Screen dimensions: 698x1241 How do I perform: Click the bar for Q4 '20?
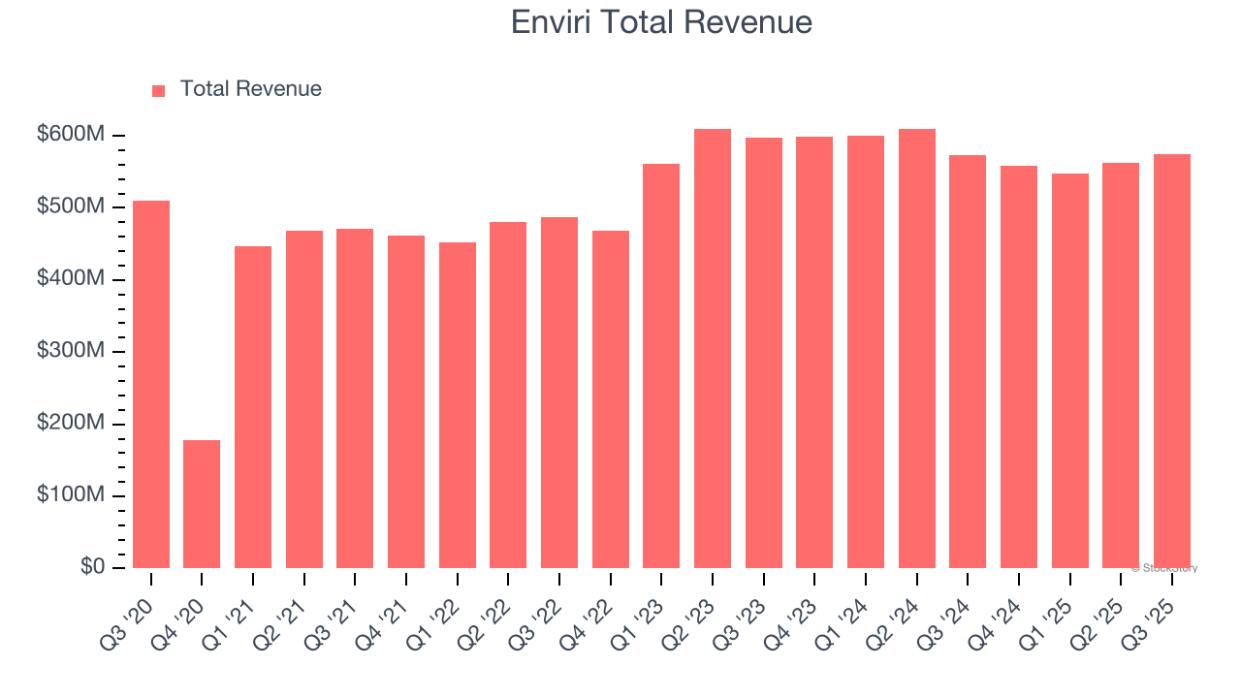[x=202, y=504]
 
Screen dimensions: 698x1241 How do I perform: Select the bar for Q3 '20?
[x=151, y=384]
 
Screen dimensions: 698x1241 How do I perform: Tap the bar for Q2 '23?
[x=713, y=349]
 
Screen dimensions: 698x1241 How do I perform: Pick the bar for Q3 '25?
[x=1172, y=361]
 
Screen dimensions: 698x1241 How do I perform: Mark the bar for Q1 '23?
[x=661, y=366]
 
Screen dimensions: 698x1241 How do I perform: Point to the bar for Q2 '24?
[x=917, y=349]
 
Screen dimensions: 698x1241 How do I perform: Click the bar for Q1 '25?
[x=1070, y=370]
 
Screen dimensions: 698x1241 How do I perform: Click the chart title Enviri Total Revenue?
[x=661, y=21]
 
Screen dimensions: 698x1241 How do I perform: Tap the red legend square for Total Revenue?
[x=159, y=90]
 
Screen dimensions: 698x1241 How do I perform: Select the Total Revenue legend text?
[x=250, y=89]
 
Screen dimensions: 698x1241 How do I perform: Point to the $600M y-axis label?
[x=70, y=135]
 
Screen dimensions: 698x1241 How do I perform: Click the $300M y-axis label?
[x=70, y=351]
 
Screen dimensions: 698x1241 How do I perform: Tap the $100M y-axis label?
[x=70, y=495]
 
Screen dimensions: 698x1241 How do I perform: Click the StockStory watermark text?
[x=1164, y=568]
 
